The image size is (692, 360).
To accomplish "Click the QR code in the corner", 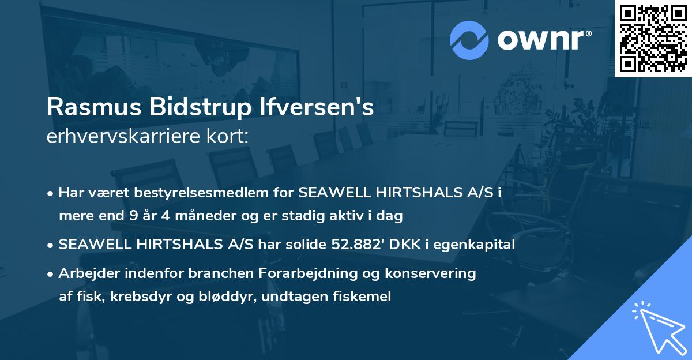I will click(652, 38).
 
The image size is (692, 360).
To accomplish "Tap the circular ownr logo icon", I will click(469, 40).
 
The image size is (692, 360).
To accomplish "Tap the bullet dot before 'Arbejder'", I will click(51, 274).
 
